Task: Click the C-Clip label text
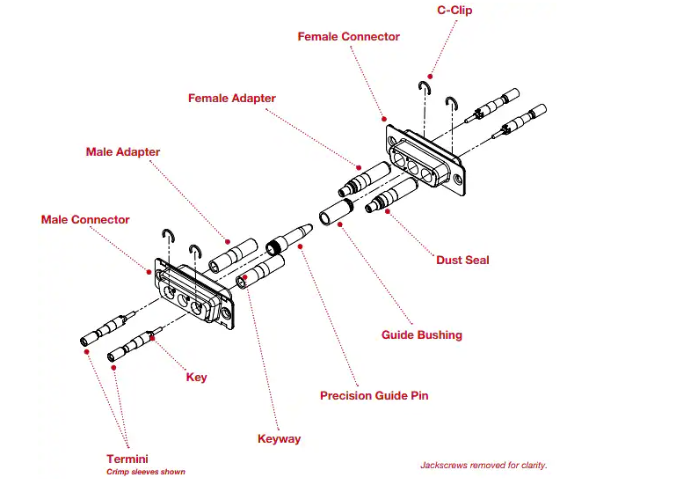click(461, 11)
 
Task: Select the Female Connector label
click(348, 37)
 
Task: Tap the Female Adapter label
click(232, 99)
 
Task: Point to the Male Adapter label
click(123, 152)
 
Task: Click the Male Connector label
click(85, 220)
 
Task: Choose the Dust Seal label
click(462, 261)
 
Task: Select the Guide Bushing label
click(421, 335)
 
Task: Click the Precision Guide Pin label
click(374, 396)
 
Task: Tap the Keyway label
click(279, 439)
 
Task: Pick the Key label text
click(197, 378)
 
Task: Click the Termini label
click(127, 459)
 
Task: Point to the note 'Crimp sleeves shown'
click(147, 473)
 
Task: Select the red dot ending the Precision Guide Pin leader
click(302, 246)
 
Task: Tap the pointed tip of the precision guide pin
click(310, 227)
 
